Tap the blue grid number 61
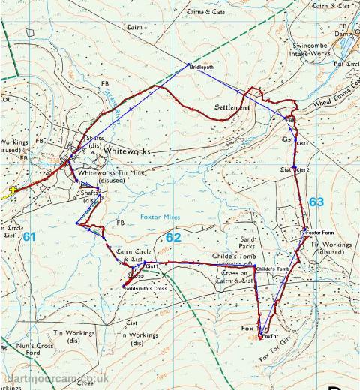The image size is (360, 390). (x=29, y=236)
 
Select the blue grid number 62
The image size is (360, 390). (x=174, y=237)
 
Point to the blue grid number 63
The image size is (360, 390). (x=316, y=202)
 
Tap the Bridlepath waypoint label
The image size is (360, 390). (x=202, y=67)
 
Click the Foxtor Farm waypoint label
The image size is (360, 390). (x=318, y=232)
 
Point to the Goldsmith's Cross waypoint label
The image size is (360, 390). (x=145, y=286)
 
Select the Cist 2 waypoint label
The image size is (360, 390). (x=303, y=170)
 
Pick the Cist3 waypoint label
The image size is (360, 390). (x=301, y=142)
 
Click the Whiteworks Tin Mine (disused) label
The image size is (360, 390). (x=112, y=176)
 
